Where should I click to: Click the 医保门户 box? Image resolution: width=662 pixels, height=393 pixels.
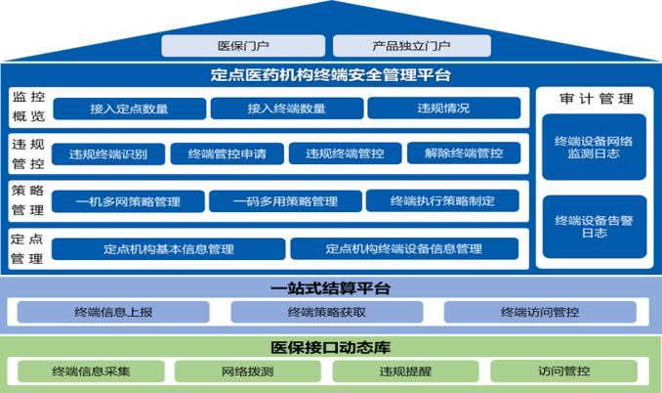[243, 46]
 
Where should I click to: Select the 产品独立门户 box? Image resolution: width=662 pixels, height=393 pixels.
[411, 46]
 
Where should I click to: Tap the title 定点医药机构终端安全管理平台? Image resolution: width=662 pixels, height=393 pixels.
[330, 74]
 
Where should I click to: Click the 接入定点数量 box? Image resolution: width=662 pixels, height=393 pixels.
[128, 109]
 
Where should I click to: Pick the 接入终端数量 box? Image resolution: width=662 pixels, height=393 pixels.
[286, 109]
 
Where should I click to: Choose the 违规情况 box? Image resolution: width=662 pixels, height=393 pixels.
[444, 109]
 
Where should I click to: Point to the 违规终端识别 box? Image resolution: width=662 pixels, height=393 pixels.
[108, 153]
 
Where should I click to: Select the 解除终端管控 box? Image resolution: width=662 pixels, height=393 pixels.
[464, 153]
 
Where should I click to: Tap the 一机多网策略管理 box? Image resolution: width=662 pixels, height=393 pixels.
[128, 201]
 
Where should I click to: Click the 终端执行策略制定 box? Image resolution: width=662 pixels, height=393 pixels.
[442, 201]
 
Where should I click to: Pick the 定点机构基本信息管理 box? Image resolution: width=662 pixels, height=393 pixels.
[168, 248]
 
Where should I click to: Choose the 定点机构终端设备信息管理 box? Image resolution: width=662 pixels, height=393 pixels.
[403, 248]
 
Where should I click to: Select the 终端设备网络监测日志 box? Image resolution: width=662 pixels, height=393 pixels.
[595, 149]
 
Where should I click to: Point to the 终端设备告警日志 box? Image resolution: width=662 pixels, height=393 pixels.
[595, 227]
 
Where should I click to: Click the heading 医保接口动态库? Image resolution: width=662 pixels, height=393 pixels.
[330, 348]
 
